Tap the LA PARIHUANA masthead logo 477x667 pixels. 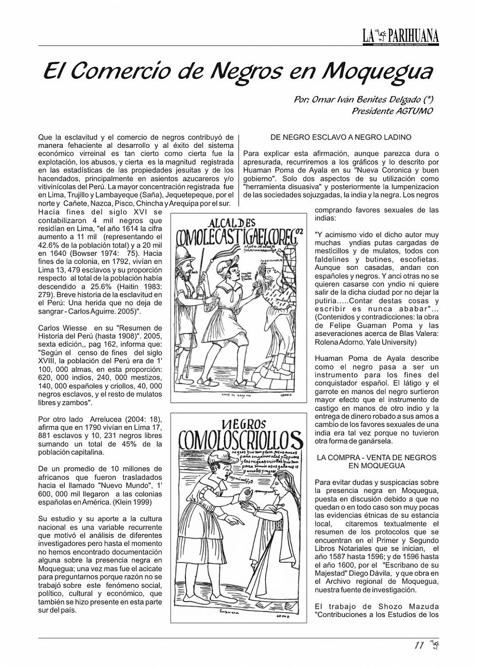(x=400, y=35)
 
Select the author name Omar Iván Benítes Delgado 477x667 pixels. (x=358, y=100)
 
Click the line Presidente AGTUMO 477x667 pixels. (x=392, y=111)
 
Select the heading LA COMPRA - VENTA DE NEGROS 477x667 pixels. (x=376, y=457)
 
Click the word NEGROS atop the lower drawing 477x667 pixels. (x=243, y=423)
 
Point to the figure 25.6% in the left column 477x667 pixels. (x=101, y=287)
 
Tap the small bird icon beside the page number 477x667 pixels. (x=434, y=645)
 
